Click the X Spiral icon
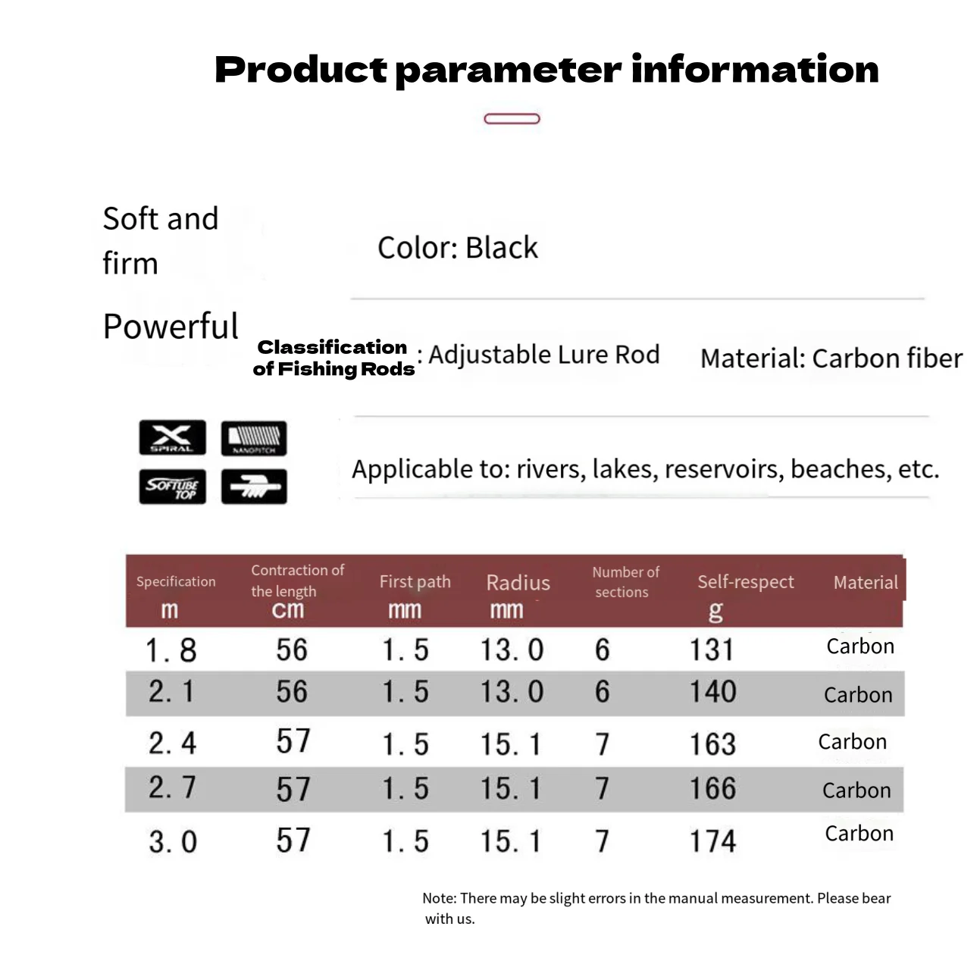click(172, 437)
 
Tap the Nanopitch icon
click(254, 438)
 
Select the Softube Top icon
click(172, 487)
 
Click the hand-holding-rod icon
click(254, 487)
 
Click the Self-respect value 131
click(711, 650)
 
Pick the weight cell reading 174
click(712, 841)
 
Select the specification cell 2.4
click(172, 743)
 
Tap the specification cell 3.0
click(173, 841)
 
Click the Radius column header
click(518, 583)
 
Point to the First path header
click(415, 582)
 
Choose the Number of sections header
click(625, 582)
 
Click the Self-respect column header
click(746, 582)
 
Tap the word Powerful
click(171, 327)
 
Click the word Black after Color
click(502, 247)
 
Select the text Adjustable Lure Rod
click(544, 354)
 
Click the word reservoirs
click(724, 469)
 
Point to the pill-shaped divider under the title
click(512, 119)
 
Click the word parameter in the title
click(509, 70)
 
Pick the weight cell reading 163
click(712, 744)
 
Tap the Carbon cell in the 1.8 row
click(860, 646)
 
